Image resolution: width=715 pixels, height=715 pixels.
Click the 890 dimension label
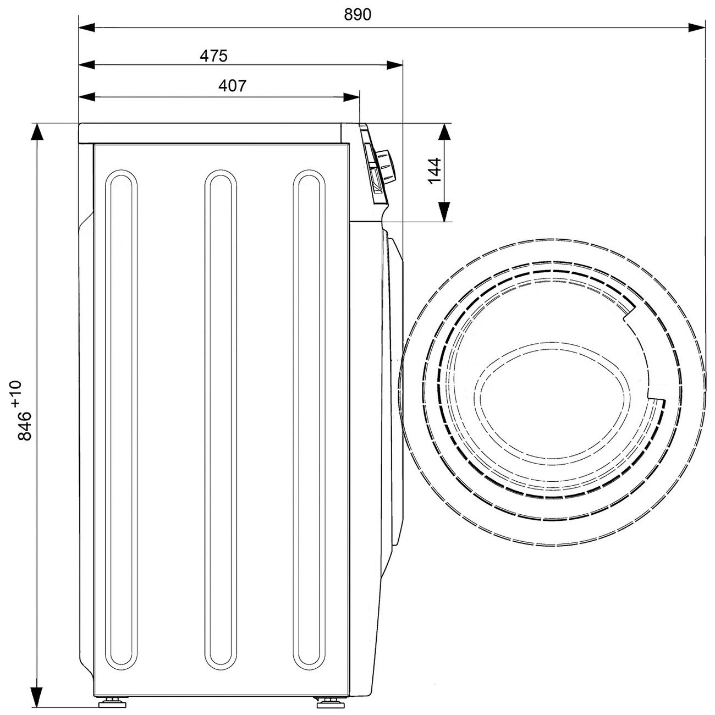click(x=358, y=14)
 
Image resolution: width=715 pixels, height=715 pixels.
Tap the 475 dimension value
click(x=213, y=56)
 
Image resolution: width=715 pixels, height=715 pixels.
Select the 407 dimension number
click(x=232, y=86)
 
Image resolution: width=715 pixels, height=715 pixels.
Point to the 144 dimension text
click(x=434, y=170)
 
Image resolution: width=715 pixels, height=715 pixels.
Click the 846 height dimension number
click(x=25, y=426)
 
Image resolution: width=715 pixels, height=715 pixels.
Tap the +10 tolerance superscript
click(x=16, y=393)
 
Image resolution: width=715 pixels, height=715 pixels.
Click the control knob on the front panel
click(x=386, y=166)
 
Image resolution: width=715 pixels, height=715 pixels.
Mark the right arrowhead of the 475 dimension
click(x=394, y=65)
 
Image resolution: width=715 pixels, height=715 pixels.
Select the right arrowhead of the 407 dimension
click(x=351, y=97)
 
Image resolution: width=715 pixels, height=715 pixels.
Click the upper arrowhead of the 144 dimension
click(x=444, y=131)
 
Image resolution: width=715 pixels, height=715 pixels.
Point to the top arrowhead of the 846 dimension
click(x=37, y=131)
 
